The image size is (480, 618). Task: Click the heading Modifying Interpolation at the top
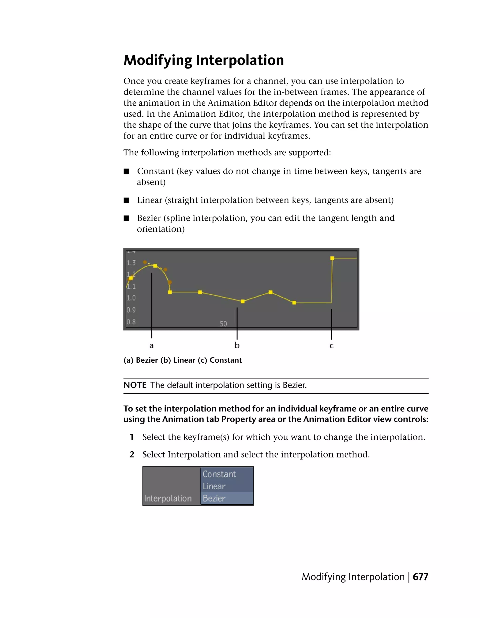(x=203, y=60)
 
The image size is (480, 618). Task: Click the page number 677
(x=420, y=577)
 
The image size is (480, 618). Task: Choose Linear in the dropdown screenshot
(x=214, y=486)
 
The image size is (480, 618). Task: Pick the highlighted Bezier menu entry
(x=214, y=498)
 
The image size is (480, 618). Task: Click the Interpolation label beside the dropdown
(x=168, y=498)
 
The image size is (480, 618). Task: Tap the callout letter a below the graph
(x=151, y=345)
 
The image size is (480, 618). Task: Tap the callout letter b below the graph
(x=237, y=345)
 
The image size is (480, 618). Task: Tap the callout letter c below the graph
(x=331, y=346)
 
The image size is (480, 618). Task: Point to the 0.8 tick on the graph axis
(x=131, y=322)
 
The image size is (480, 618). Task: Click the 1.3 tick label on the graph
(x=131, y=263)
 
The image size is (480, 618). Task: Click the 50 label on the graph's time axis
(x=223, y=324)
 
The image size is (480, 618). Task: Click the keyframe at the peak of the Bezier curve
(x=155, y=266)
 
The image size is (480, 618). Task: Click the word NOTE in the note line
(x=135, y=385)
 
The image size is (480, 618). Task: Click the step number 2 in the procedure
(x=132, y=454)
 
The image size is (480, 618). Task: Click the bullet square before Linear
(x=126, y=200)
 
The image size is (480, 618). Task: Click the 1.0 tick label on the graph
(x=131, y=298)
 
